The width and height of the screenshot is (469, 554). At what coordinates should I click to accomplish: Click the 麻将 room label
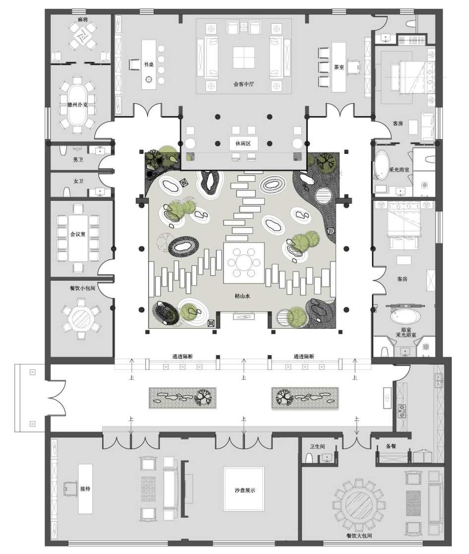pos(83,19)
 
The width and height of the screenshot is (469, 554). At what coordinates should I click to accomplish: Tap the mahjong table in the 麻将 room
pos(83,36)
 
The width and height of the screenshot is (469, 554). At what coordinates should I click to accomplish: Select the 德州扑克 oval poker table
pos(77,105)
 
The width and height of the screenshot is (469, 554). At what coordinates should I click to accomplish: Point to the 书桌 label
pos(149,64)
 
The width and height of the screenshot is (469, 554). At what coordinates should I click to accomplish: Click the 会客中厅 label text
pos(243,84)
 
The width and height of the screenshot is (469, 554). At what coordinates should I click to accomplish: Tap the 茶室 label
pos(339,67)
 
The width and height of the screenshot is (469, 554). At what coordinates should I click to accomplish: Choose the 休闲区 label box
pos(243,143)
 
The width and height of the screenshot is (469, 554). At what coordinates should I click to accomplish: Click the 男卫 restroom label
pos(78,160)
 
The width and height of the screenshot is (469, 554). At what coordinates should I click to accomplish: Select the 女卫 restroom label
pos(78,181)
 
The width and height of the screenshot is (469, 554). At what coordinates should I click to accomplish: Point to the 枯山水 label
pos(242,296)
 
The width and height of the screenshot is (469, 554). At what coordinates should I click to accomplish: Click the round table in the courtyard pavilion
pos(243,263)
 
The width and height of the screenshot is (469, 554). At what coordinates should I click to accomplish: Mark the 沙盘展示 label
pos(244,491)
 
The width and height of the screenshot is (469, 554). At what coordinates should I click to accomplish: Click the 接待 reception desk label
pos(85,489)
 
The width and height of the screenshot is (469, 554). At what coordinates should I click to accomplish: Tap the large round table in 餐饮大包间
pos(359,506)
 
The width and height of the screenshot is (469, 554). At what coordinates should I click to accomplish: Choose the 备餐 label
pos(391,446)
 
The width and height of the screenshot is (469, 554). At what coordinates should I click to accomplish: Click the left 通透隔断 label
pos(182,356)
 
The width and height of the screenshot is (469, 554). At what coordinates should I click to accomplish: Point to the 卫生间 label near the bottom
pos(317,446)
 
